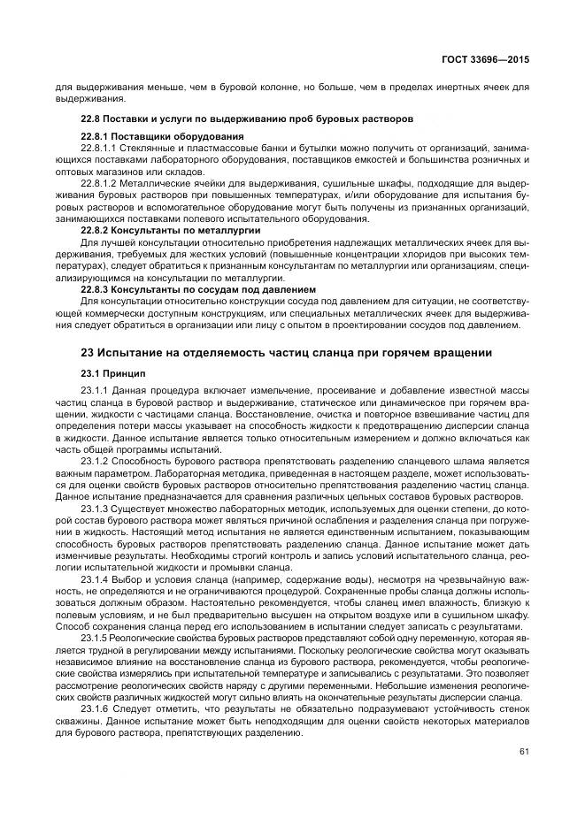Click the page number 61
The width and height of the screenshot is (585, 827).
pos(524,752)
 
